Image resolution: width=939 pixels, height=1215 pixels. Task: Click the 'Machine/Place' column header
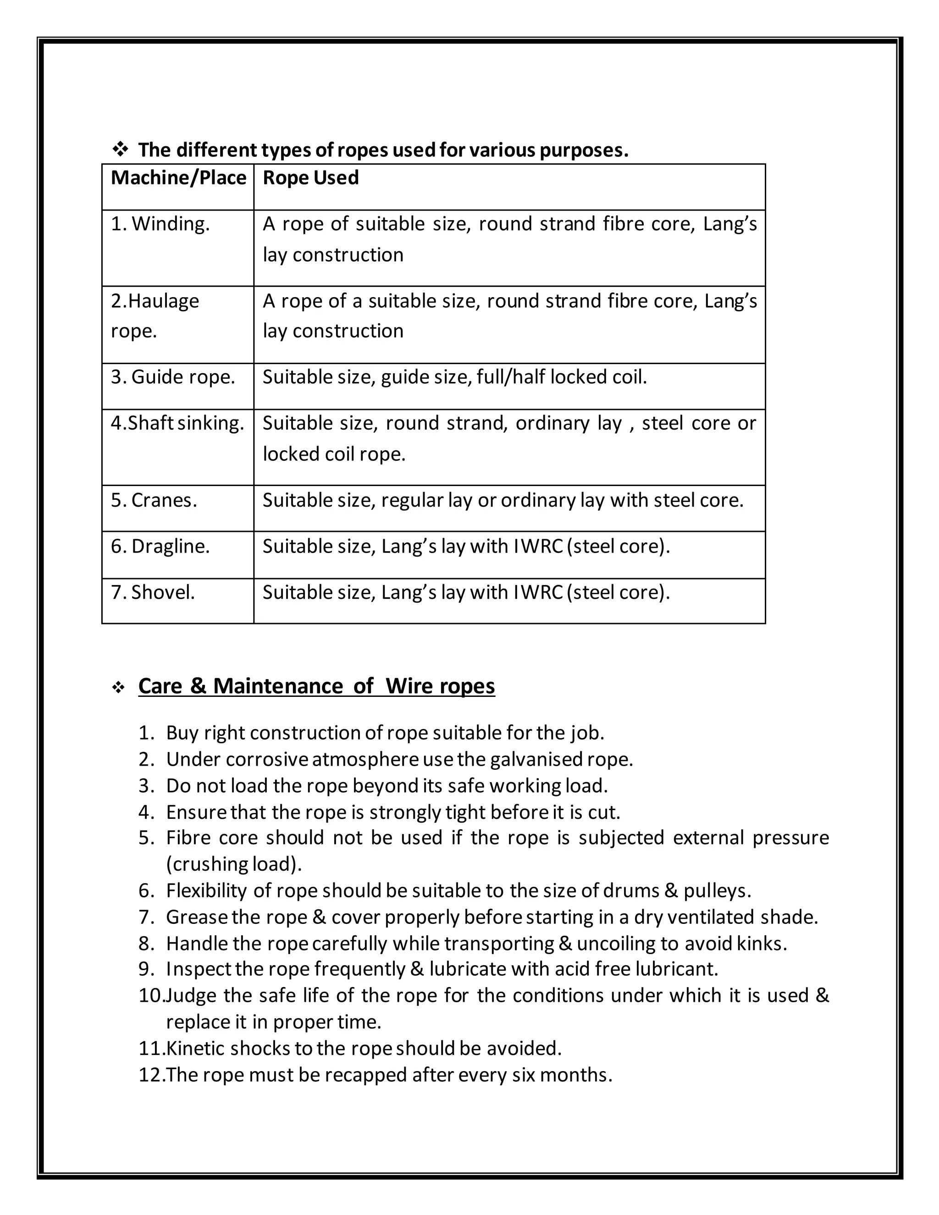pos(178,178)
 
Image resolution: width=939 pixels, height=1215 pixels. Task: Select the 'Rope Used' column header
pos(310,178)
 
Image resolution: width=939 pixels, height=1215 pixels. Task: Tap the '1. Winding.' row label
pos(160,224)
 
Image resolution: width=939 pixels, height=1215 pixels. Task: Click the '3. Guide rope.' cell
pos(172,377)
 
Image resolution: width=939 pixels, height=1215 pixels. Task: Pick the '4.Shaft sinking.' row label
pos(177,423)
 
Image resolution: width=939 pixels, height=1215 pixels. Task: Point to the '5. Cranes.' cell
pos(154,500)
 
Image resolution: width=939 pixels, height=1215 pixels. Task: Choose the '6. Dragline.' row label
pos(160,547)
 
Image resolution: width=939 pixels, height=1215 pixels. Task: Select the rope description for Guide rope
pos(454,377)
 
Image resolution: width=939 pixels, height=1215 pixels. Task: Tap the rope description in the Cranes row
pos(503,500)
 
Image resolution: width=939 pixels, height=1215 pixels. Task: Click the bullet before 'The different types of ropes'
pos(120,149)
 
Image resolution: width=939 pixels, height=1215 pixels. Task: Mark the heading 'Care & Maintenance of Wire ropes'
pos(316,685)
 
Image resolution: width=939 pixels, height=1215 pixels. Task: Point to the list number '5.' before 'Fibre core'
pos(146,838)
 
